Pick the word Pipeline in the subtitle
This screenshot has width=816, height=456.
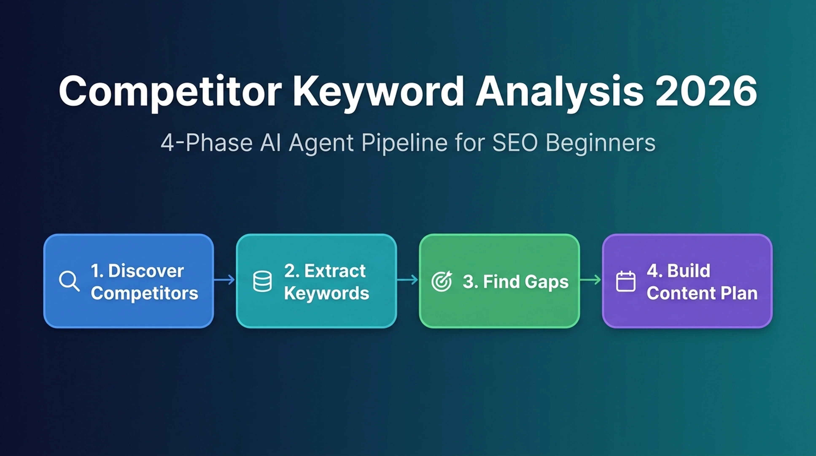404,143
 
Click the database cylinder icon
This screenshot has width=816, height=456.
262,281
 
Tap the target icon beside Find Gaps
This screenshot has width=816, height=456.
442,281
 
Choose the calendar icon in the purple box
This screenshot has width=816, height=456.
626,281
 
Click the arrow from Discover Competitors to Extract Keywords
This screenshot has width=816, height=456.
224,280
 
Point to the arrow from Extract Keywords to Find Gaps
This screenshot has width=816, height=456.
407,280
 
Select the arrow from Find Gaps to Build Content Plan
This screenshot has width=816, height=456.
590,280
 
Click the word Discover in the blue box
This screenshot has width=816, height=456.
146,271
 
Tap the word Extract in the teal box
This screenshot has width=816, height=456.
335,271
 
